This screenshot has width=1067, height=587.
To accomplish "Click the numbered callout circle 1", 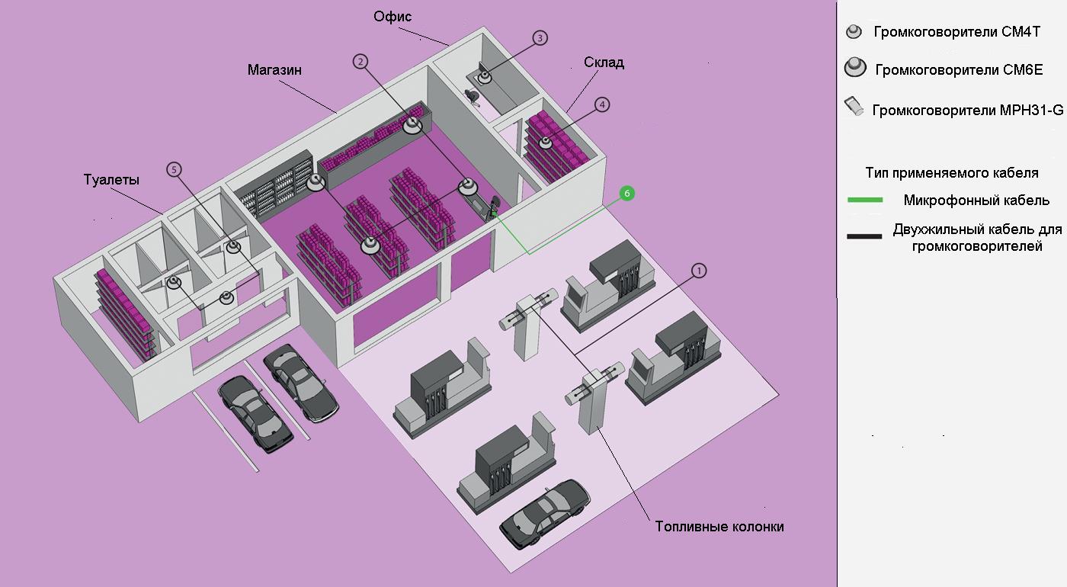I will point(699,270).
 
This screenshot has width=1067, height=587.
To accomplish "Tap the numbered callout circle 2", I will point(360,63).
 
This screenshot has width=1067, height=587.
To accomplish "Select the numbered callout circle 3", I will point(540,38).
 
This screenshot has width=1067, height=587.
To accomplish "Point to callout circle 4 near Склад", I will point(602,104).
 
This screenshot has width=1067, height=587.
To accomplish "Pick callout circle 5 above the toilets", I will point(175,169).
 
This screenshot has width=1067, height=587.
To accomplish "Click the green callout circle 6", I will point(626,194).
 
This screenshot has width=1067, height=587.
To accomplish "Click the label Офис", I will point(393,17).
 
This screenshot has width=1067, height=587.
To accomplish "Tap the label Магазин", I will point(274,70).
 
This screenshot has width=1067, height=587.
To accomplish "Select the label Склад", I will point(604,63).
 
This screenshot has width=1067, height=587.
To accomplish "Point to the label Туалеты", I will point(111,180).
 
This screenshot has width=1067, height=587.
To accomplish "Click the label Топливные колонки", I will point(719,527).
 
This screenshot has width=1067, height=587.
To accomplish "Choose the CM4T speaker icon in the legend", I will point(854,32).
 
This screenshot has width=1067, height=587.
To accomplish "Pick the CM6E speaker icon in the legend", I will point(856,68).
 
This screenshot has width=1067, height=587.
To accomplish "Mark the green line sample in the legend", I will point(865,200).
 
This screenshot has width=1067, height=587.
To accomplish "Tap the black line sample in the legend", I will point(865,236).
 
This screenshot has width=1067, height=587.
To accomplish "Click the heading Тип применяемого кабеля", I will point(951,172).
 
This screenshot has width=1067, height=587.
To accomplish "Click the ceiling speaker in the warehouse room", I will point(546,143).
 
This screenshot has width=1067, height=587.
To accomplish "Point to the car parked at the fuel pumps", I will point(545,512).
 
